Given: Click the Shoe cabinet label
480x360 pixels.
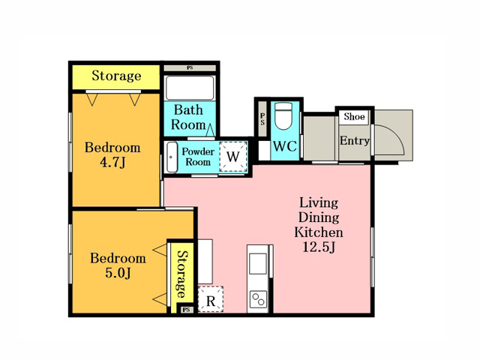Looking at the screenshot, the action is click(354, 117).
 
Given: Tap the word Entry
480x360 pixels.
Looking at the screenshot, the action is click(355, 141).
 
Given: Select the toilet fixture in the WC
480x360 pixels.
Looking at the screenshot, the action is click(283, 116).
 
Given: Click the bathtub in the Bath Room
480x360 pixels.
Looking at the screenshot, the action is click(190, 88).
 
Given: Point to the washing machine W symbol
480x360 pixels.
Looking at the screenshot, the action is click(233, 157).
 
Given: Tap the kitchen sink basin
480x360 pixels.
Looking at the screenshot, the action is click(258, 263).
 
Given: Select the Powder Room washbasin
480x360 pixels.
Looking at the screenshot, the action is click(172, 157).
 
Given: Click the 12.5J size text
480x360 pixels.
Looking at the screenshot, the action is click(319, 247).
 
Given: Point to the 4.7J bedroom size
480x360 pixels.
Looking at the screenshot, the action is click(112, 163).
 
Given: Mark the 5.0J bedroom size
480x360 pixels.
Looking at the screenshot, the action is click(118, 273).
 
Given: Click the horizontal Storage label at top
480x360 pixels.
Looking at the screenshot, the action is click(116, 76).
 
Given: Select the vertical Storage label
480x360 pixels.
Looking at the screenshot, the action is click(182, 274).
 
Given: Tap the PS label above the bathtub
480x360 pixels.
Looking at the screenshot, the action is click(190, 67).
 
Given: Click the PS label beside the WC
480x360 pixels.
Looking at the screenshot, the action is click(262, 118).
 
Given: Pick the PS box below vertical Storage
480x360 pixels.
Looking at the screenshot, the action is click(187, 310).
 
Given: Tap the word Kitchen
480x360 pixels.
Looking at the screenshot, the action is click(318, 232).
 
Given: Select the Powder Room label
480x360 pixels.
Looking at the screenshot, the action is click(198, 157).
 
